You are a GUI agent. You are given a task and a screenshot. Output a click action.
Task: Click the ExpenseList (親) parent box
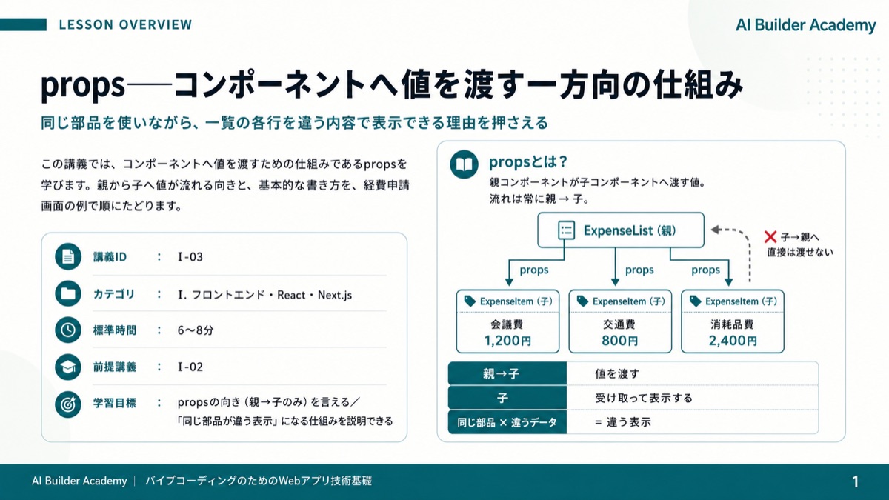pos(621,230)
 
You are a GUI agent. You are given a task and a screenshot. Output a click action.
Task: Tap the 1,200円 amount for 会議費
pos(507,341)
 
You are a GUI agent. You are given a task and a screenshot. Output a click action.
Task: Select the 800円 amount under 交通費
pos(620,341)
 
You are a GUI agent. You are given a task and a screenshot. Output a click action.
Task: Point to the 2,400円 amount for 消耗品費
pos(733,341)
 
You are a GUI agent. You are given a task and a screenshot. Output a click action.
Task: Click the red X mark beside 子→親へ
pos(770,237)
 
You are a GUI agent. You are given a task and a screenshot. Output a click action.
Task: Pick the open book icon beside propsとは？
pos(464,164)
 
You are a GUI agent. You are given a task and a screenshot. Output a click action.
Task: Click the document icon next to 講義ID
pos(68,257)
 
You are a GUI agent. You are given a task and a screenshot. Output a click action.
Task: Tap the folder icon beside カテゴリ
pos(68,293)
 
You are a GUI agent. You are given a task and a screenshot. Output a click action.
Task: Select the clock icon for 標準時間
pos(68,330)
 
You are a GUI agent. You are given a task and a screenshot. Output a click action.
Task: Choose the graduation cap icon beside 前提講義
pos(68,367)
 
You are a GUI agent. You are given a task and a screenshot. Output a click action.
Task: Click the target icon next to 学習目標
pos(68,404)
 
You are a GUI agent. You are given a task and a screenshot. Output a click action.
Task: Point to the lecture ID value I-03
pos(190,257)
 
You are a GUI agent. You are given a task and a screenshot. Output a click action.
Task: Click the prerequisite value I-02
pos(190,367)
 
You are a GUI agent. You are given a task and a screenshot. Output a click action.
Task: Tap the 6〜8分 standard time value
pos(196,330)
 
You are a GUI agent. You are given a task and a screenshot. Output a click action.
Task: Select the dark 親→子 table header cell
pos(507,373)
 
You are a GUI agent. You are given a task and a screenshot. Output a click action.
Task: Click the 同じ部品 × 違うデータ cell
pos(507,422)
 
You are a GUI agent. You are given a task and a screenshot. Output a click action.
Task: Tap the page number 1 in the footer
pos(855,481)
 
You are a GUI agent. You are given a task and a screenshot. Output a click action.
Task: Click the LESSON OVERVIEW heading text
pos(125,24)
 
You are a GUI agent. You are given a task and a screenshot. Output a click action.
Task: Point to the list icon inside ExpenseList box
pos(566,230)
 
